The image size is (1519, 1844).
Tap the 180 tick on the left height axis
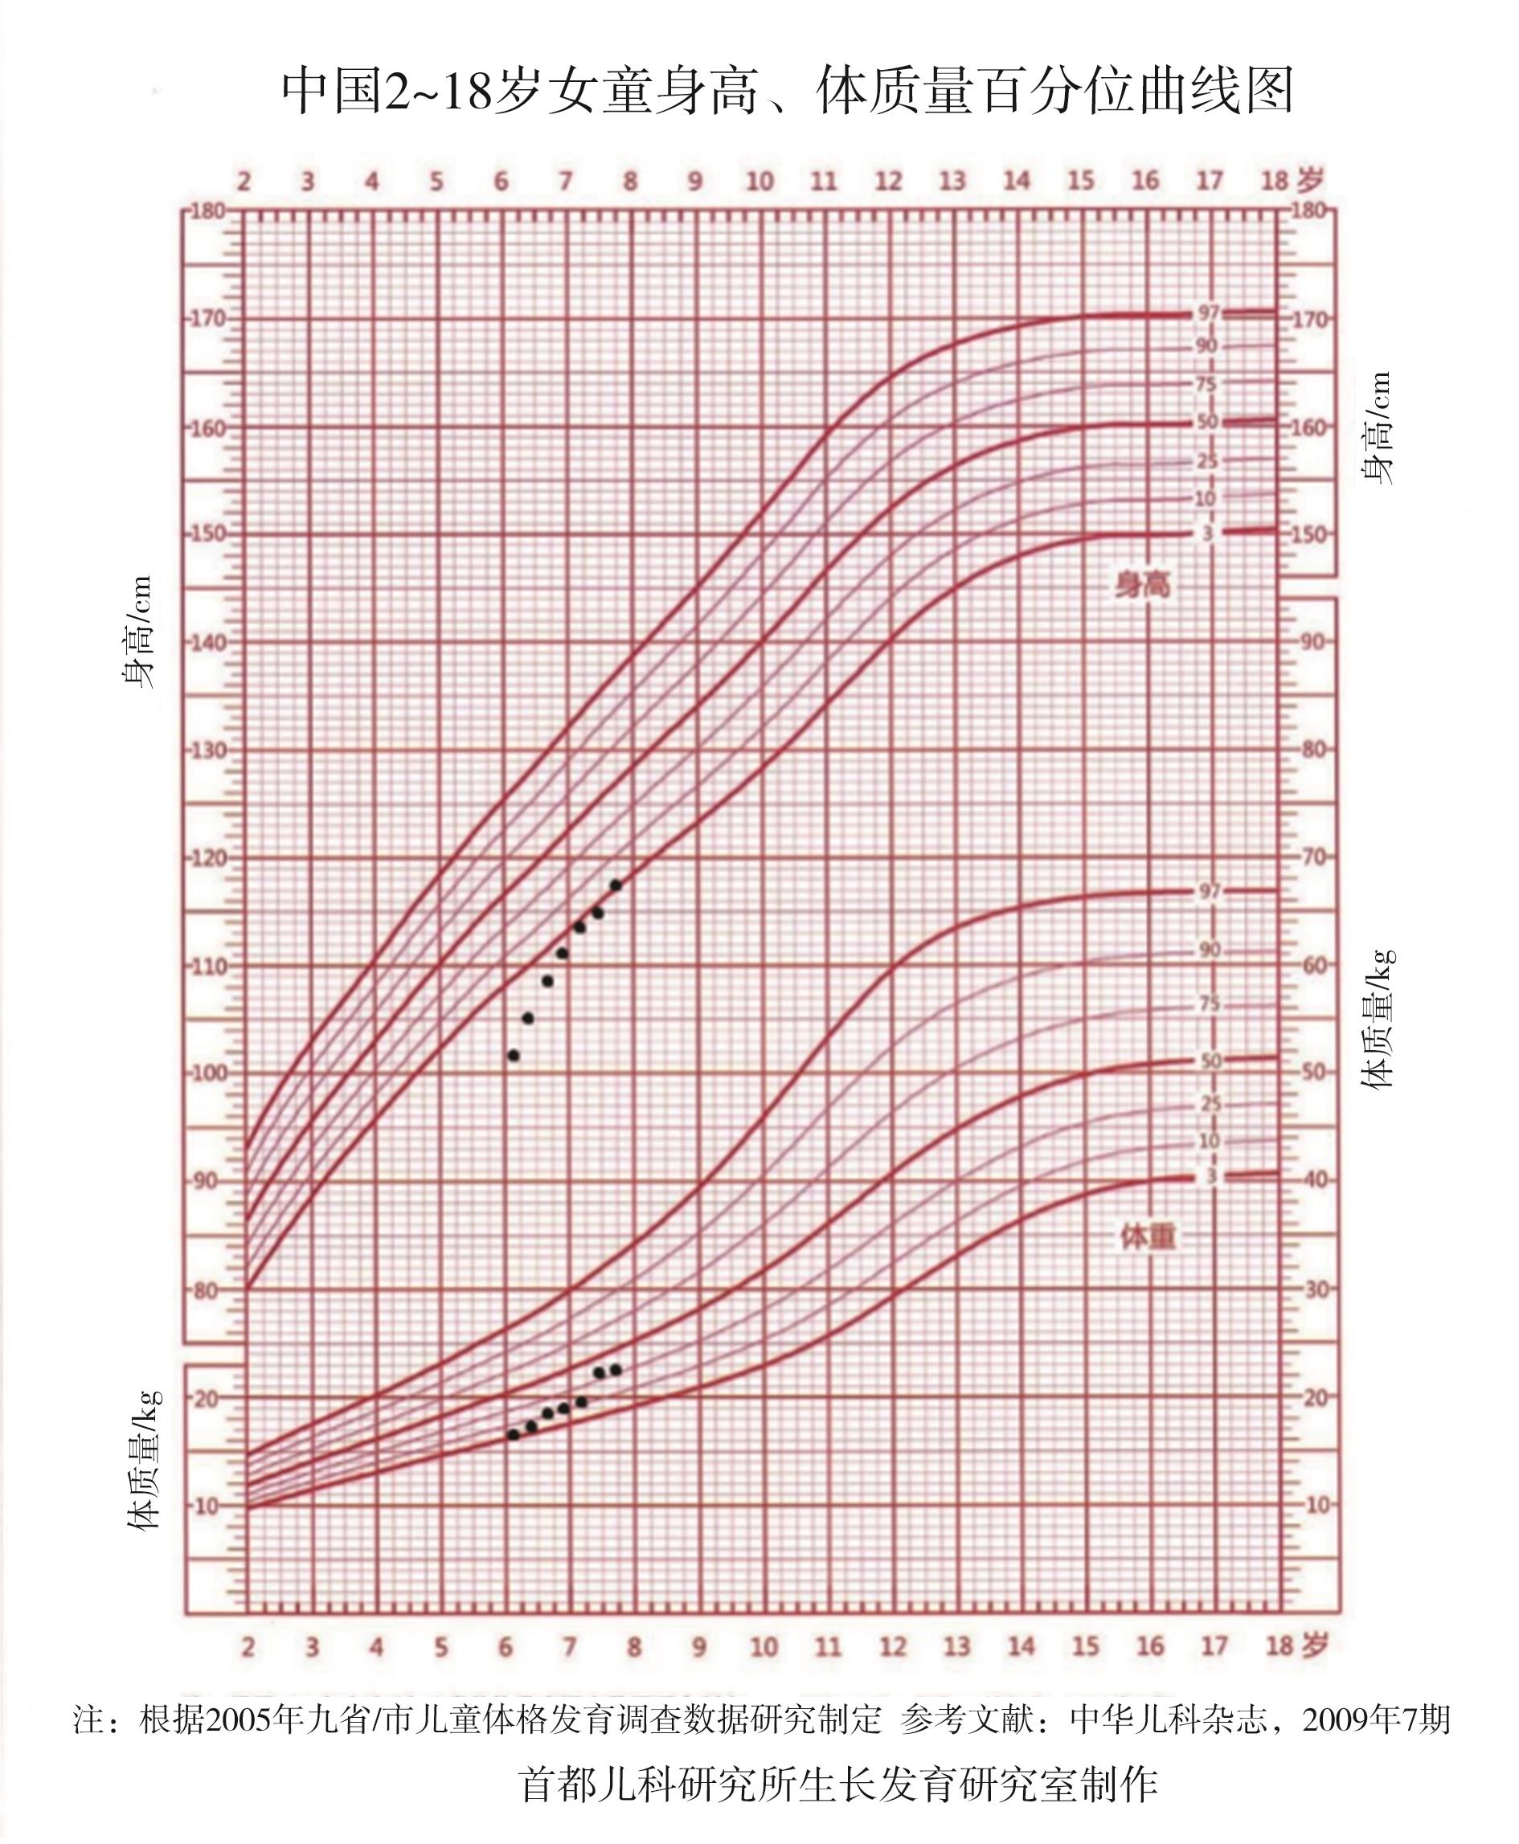click(x=207, y=211)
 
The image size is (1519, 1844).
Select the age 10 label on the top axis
click(x=759, y=181)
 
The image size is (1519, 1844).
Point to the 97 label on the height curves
click(x=1209, y=313)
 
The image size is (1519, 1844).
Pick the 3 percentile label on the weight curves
click(x=1211, y=1176)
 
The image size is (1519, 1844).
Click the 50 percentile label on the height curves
click(x=1207, y=422)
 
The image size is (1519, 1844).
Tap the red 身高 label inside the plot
click(x=1142, y=584)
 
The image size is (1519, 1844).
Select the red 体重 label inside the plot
click(x=1147, y=1237)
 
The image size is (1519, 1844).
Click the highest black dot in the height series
click(x=615, y=885)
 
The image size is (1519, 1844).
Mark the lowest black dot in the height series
click(x=514, y=1056)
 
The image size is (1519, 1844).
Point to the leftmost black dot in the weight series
click(x=514, y=1434)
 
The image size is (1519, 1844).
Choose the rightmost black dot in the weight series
click(x=615, y=1370)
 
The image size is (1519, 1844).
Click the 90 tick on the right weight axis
click(x=1312, y=642)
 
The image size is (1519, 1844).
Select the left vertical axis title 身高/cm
click(x=137, y=632)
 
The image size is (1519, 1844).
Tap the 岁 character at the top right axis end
click(x=1310, y=180)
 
